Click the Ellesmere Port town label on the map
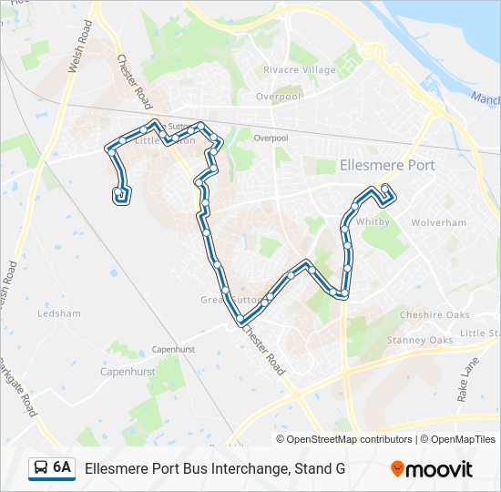(x=386, y=166)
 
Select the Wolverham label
(x=438, y=222)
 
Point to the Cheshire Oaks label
(x=435, y=315)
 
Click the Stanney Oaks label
(x=419, y=340)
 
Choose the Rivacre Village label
(x=299, y=70)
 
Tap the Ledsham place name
(x=59, y=313)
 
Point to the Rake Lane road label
(x=466, y=381)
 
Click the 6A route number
(x=62, y=467)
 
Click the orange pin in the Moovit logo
(x=397, y=469)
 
